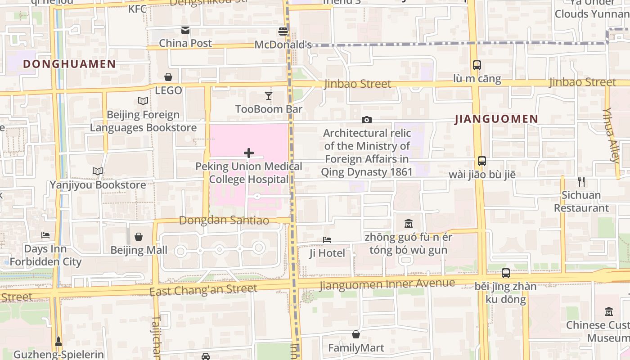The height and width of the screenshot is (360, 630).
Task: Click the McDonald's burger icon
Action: point(283,31)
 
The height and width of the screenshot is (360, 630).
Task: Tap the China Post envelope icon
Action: point(185,30)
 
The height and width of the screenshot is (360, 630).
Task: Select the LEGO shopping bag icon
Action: point(168,77)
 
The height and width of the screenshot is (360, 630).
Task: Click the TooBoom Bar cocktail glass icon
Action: point(269,95)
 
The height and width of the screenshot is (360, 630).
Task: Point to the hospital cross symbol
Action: point(248,153)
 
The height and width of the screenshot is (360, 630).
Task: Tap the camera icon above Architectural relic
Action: point(367,120)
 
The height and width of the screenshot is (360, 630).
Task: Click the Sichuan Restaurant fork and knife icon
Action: point(581,182)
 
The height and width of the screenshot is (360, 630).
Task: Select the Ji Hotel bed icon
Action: point(327,240)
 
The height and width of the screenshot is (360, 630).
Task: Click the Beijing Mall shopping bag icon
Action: point(139,237)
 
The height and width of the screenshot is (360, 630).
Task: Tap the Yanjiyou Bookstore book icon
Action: point(98,171)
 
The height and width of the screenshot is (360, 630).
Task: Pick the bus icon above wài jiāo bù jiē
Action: point(482,161)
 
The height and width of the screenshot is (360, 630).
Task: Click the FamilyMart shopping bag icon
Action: point(356,334)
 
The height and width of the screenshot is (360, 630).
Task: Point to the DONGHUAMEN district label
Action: point(70,64)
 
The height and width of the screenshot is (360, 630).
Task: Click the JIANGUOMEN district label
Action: point(496,119)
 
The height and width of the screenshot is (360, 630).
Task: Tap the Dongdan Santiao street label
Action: point(224,220)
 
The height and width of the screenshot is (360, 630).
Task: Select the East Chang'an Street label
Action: point(203,289)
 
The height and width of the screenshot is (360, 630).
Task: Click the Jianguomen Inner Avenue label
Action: point(387,284)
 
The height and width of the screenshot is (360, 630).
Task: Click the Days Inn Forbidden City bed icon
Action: point(45,235)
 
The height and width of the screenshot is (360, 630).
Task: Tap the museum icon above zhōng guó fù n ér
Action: point(409,223)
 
